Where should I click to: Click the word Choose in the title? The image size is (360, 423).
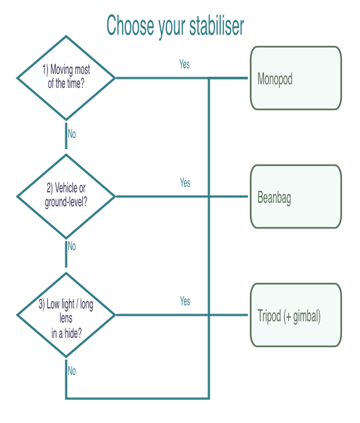point(128,26)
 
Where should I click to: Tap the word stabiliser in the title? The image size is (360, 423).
point(216,26)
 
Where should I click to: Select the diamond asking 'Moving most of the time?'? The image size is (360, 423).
point(66,77)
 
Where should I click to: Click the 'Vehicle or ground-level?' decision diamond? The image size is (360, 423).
point(66,196)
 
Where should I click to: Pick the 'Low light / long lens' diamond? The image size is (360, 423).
point(66,315)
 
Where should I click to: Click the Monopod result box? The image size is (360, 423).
point(295,78)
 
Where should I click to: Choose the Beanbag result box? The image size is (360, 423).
point(295,197)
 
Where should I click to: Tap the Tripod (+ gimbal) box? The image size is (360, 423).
point(295,315)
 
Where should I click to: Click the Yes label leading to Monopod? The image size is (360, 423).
point(185,64)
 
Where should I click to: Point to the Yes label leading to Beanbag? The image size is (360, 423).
point(185,183)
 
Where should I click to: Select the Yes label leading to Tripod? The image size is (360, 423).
point(185,301)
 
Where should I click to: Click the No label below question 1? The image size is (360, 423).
point(72,134)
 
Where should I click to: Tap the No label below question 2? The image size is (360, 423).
point(72,246)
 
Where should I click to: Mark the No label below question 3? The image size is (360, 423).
point(72,371)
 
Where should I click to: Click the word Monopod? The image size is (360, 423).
point(275,79)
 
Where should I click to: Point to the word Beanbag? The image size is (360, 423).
point(274,198)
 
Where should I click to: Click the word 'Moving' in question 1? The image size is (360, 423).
point(64,70)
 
